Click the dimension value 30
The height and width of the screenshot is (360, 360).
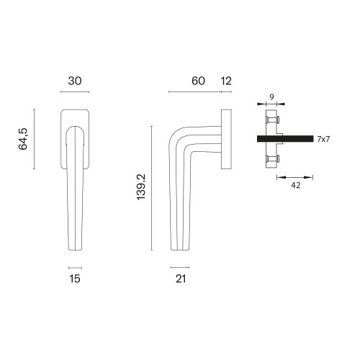(75, 81)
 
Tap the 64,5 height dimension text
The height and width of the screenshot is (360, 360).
(23, 139)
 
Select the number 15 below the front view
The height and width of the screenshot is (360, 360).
(75, 279)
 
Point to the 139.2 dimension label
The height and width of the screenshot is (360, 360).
(141, 187)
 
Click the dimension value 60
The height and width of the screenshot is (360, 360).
(198, 81)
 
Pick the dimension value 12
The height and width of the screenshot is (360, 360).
(226, 81)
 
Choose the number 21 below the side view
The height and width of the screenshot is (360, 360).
(181, 279)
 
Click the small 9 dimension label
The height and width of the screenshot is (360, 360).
(271, 97)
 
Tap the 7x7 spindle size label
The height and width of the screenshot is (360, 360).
(323, 139)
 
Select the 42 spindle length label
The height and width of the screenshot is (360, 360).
(295, 185)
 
